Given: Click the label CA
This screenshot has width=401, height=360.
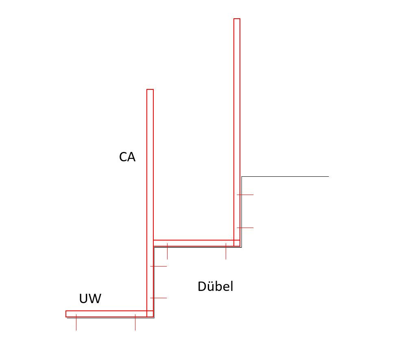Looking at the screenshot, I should (127, 157).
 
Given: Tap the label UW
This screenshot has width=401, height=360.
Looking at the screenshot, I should (90, 299).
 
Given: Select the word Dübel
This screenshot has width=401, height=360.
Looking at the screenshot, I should (215, 287).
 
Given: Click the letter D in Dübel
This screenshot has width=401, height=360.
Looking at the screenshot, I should (202, 287).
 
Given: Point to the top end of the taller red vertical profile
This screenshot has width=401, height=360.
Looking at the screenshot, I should (237, 19).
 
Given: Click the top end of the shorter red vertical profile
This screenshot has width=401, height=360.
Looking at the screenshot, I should (150, 90).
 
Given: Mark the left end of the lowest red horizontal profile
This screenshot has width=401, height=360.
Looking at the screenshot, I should (66, 314).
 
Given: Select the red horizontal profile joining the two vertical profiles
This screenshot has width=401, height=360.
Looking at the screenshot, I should (194, 243).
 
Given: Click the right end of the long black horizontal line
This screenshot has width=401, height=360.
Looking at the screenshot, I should (328, 177).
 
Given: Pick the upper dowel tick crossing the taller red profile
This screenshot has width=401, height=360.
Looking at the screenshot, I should (245, 195).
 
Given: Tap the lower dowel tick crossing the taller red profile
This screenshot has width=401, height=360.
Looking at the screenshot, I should (245, 228).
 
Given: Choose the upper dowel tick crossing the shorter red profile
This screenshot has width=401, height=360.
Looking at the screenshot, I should (159, 266).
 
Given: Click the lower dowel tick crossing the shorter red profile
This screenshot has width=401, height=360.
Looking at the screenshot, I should (159, 298).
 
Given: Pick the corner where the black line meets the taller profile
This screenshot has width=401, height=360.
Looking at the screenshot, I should (242, 177).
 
